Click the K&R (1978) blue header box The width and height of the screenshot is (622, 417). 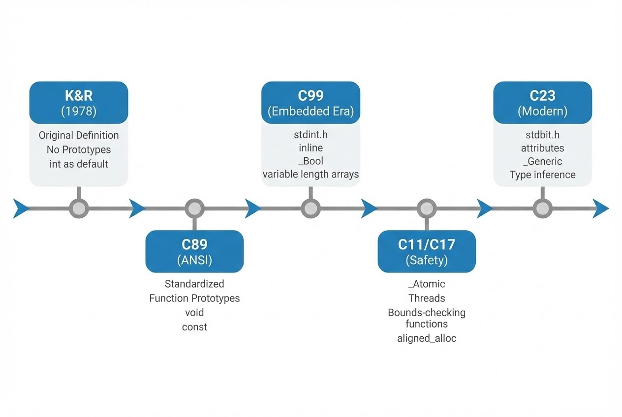click(x=79, y=102)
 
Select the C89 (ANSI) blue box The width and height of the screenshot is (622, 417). click(x=194, y=251)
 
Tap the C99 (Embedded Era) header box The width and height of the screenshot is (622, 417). click(x=311, y=102)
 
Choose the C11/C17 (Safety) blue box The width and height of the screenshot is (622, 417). click(x=427, y=251)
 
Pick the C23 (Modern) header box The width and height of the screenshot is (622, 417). click(x=542, y=102)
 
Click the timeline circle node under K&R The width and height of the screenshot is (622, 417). click(x=78, y=208)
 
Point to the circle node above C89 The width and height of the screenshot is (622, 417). click(x=194, y=208)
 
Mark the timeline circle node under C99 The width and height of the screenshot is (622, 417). click(x=311, y=208)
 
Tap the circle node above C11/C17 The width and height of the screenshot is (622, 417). click(x=427, y=208)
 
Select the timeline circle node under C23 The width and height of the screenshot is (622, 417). click(x=542, y=208)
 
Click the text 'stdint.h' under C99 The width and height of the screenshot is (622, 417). click(x=311, y=135)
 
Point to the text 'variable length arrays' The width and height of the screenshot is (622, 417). click(x=311, y=174)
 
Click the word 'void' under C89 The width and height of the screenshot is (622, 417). click(x=194, y=313)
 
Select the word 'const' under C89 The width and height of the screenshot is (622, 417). click(x=194, y=327)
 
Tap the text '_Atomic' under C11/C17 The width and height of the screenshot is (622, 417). click(x=427, y=284)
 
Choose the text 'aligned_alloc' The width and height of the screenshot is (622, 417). click(x=427, y=338)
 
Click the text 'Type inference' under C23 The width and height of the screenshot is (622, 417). click(x=542, y=175)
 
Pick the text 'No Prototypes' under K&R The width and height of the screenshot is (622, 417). click(x=79, y=149)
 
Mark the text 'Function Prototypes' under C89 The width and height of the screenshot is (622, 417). click(x=194, y=298)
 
